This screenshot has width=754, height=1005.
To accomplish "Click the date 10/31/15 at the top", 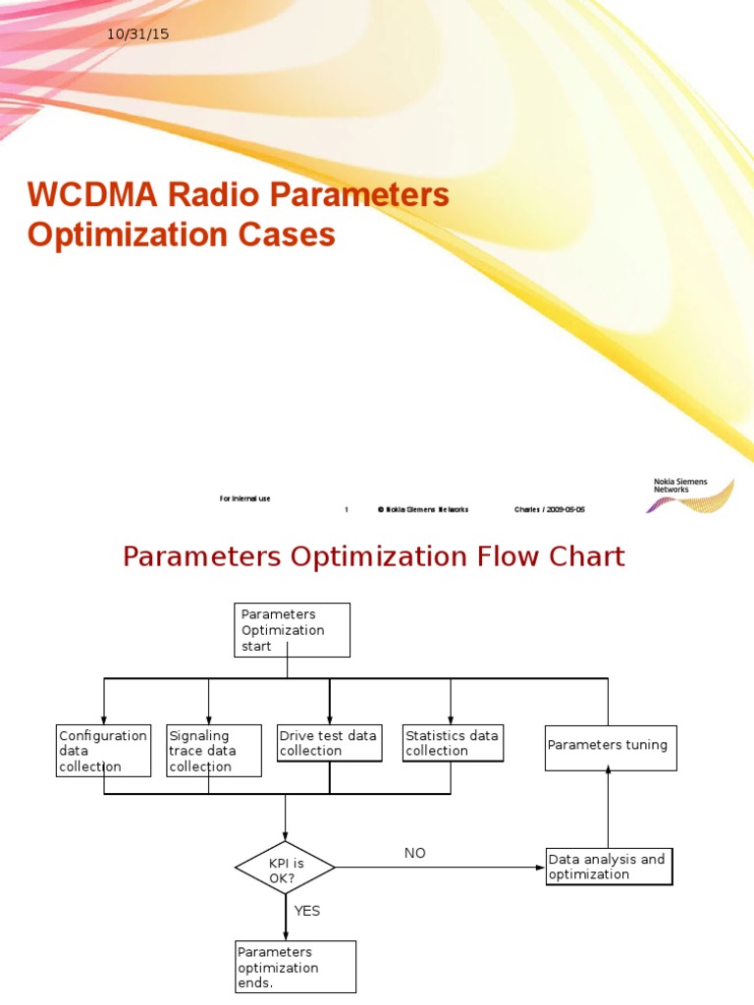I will click(x=138, y=34).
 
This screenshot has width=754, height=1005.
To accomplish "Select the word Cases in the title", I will click(x=288, y=236).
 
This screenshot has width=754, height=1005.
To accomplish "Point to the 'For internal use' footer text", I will click(x=244, y=499).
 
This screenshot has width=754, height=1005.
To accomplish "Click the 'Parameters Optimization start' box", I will click(x=293, y=630).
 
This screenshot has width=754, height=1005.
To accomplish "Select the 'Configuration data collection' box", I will click(x=103, y=751).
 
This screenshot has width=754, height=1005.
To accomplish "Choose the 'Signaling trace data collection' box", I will click(x=213, y=751).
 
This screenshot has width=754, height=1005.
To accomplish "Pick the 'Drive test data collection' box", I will click(x=329, y=743).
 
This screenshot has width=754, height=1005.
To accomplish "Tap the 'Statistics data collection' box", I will click(x=453, y=743).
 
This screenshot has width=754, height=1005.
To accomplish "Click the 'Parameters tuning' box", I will click(x=611, y=747).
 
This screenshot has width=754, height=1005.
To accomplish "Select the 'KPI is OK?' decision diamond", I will click(x=285, y=868).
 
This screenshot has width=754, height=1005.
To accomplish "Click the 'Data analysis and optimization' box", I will click(x=609, y=867).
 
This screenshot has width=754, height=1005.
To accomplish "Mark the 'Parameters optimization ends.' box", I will click(x=296, y=967).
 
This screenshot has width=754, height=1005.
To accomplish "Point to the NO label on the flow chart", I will click(x=415, y=853).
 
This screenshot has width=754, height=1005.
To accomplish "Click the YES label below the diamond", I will click(x=307, y=911).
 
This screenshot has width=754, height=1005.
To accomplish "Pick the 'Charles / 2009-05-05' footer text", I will click(x=550, y=509).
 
